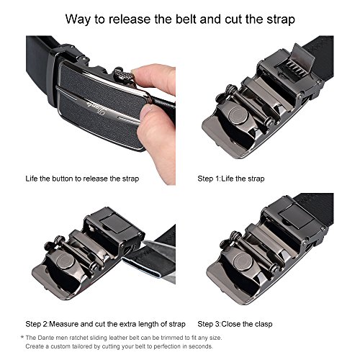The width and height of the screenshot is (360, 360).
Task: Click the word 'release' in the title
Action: (129, 19)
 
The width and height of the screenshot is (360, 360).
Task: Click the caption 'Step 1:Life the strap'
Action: (231, 179)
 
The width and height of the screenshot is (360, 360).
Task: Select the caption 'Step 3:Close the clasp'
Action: (235, 324)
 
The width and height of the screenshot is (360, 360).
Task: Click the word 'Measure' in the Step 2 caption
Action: (64, 324)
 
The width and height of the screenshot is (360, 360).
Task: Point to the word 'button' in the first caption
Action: (63, 179)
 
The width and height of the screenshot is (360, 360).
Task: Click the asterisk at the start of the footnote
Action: (22, 337)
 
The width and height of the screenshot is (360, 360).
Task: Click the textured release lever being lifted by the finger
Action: (123, 75)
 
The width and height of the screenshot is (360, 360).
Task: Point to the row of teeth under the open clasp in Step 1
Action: (291, 68)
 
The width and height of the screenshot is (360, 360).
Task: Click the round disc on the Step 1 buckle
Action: (238, 116)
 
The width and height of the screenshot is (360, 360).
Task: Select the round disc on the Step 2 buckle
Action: (66, 261)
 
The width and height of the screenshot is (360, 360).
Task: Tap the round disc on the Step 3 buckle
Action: (243, 262)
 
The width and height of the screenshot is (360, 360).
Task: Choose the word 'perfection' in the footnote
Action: (167, 346)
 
